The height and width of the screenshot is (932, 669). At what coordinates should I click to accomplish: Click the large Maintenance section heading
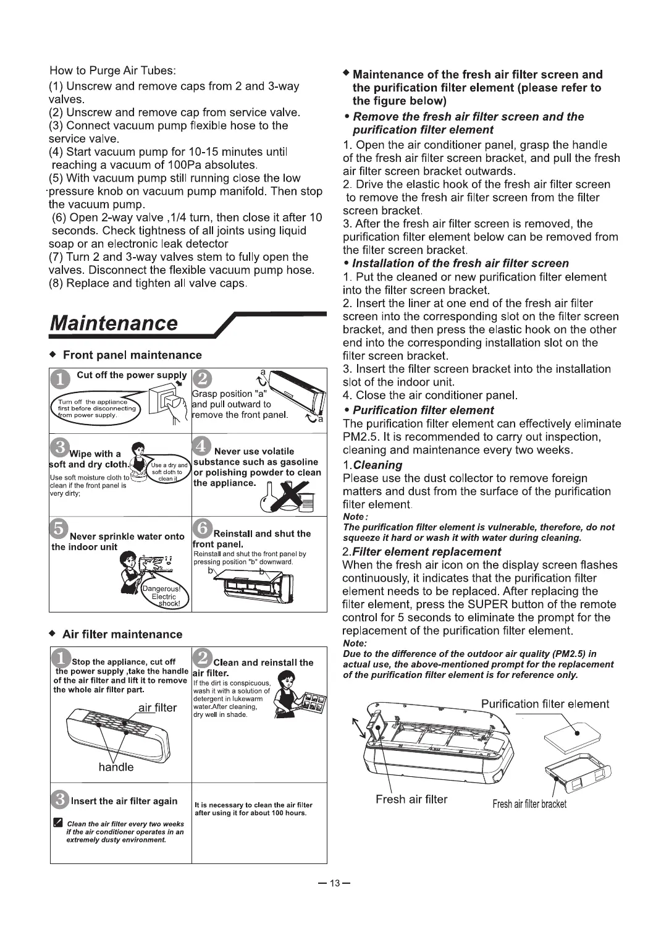pos(114,323)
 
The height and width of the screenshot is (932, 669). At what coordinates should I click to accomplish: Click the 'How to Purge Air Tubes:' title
pos(113,70)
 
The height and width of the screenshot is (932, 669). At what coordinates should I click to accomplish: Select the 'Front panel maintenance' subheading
pos(132,355)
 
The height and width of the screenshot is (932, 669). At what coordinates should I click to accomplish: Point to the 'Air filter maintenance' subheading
pos(122,634)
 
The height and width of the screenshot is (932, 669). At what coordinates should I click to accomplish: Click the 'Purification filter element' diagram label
pos(544,704)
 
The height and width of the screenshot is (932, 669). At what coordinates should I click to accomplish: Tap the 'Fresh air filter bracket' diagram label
pos(529,803)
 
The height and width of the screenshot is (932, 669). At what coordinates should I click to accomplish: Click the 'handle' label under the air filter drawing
pos(116,767)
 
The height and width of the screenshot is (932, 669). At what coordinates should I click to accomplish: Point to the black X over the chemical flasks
pos(287,493)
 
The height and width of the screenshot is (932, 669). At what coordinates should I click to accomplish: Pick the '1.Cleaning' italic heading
pos(372,465)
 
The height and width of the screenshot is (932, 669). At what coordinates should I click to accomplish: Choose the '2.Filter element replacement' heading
pos(421,551)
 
